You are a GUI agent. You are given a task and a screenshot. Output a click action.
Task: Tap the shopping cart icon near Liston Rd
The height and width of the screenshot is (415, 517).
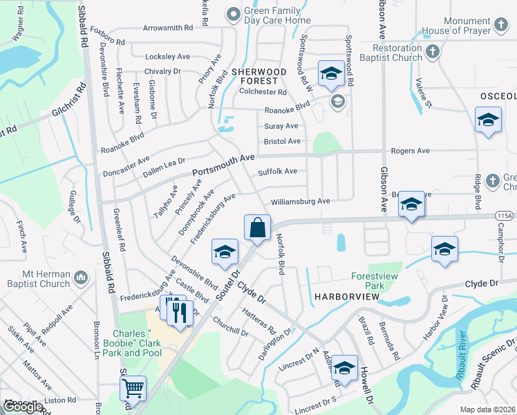pos(133,388)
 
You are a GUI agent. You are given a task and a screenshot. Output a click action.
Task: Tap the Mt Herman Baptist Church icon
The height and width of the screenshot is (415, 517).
pos(81,278)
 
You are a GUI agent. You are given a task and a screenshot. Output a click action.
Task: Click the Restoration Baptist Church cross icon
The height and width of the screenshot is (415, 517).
pos(432,52)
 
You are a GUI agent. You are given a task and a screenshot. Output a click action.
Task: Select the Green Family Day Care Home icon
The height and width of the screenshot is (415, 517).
pos(234,12)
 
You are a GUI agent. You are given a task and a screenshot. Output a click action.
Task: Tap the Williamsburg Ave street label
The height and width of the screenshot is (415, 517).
pos(301,201)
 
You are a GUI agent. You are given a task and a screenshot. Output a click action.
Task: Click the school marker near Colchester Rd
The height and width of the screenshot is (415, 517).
pos(331,73)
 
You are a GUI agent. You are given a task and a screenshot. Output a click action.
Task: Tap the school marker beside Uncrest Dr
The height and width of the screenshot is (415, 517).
pos(344,369)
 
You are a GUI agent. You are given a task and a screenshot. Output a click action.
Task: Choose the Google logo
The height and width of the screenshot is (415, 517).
pos(22,407)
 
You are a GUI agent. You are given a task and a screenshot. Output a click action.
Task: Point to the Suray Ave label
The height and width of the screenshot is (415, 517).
pos(281,127)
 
